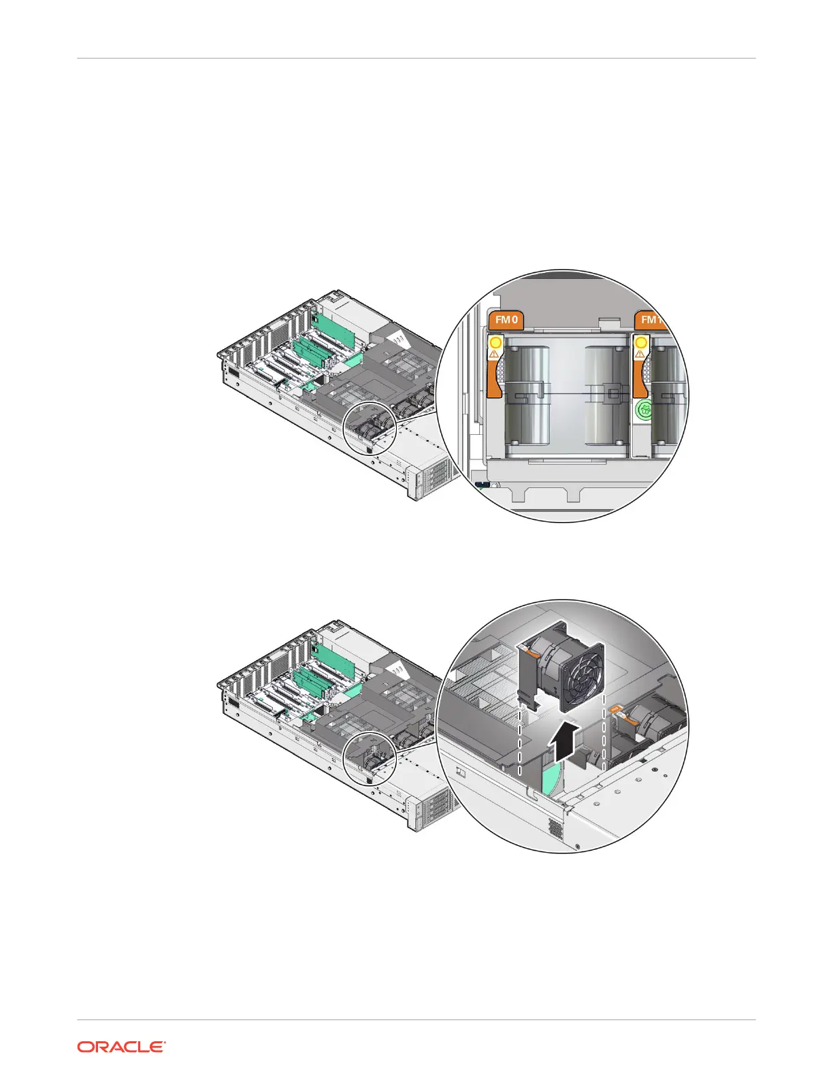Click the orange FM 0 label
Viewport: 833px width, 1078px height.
tap(506, 319)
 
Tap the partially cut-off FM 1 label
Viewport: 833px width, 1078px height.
tap(650, 320)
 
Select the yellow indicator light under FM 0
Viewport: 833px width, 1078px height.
tap(494, 342)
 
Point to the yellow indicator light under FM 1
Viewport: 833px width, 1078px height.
tap(640, 342)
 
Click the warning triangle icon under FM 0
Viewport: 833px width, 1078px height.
tap(493, 354)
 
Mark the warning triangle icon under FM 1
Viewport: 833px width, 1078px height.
tap(640, 354)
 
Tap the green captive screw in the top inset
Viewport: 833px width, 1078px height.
tap(644, 410)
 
